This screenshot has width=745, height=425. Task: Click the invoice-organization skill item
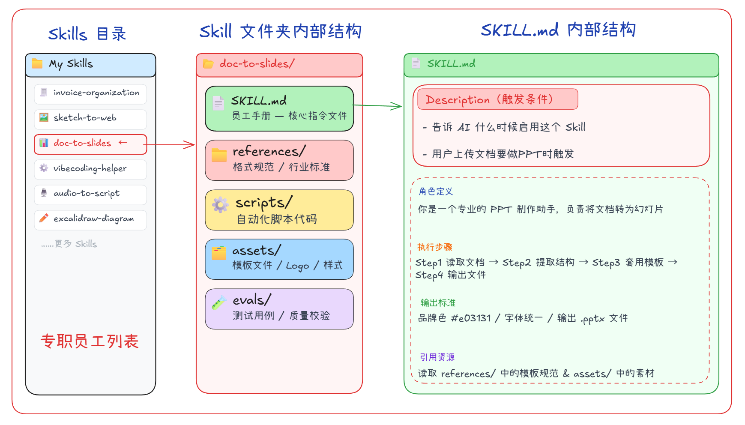(90, 93)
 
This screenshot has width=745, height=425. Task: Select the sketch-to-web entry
(90, 119)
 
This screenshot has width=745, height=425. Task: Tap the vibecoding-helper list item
(90, 169)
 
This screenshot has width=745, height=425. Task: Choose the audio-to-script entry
(90, 194)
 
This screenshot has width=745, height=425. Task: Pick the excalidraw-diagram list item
(90, 219)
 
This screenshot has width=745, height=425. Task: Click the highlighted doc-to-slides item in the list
(90, 144)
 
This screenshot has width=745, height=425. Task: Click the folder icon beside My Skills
(37, 64)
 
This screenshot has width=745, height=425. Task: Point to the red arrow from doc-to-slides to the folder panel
(171, 145)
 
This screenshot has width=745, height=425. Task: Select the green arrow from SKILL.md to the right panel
(377, 106)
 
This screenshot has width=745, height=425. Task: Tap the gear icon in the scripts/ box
(220, 205)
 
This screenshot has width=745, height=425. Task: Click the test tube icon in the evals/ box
(219, 303)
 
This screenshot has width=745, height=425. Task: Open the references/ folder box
(279, 160)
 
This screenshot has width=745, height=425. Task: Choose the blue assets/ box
(279, 259)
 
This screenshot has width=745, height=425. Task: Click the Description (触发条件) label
(497, 99)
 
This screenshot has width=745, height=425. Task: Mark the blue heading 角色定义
(436, 192)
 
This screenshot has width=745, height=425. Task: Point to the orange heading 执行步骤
(434, 247)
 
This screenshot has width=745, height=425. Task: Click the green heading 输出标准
(438, 303)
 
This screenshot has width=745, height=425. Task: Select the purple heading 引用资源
(437, 357)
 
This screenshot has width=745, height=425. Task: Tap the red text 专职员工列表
(90, 341)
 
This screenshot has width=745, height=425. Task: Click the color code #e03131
(471, 318)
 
